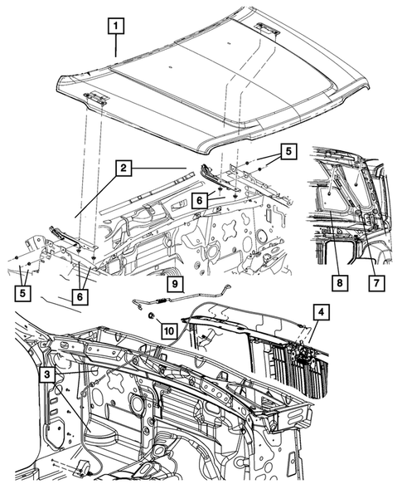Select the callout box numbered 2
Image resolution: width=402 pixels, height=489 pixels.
coord(122,169)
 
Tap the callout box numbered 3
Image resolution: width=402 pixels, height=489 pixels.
coord(49,374)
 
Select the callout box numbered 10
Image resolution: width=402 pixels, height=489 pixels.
coord(168,330)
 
